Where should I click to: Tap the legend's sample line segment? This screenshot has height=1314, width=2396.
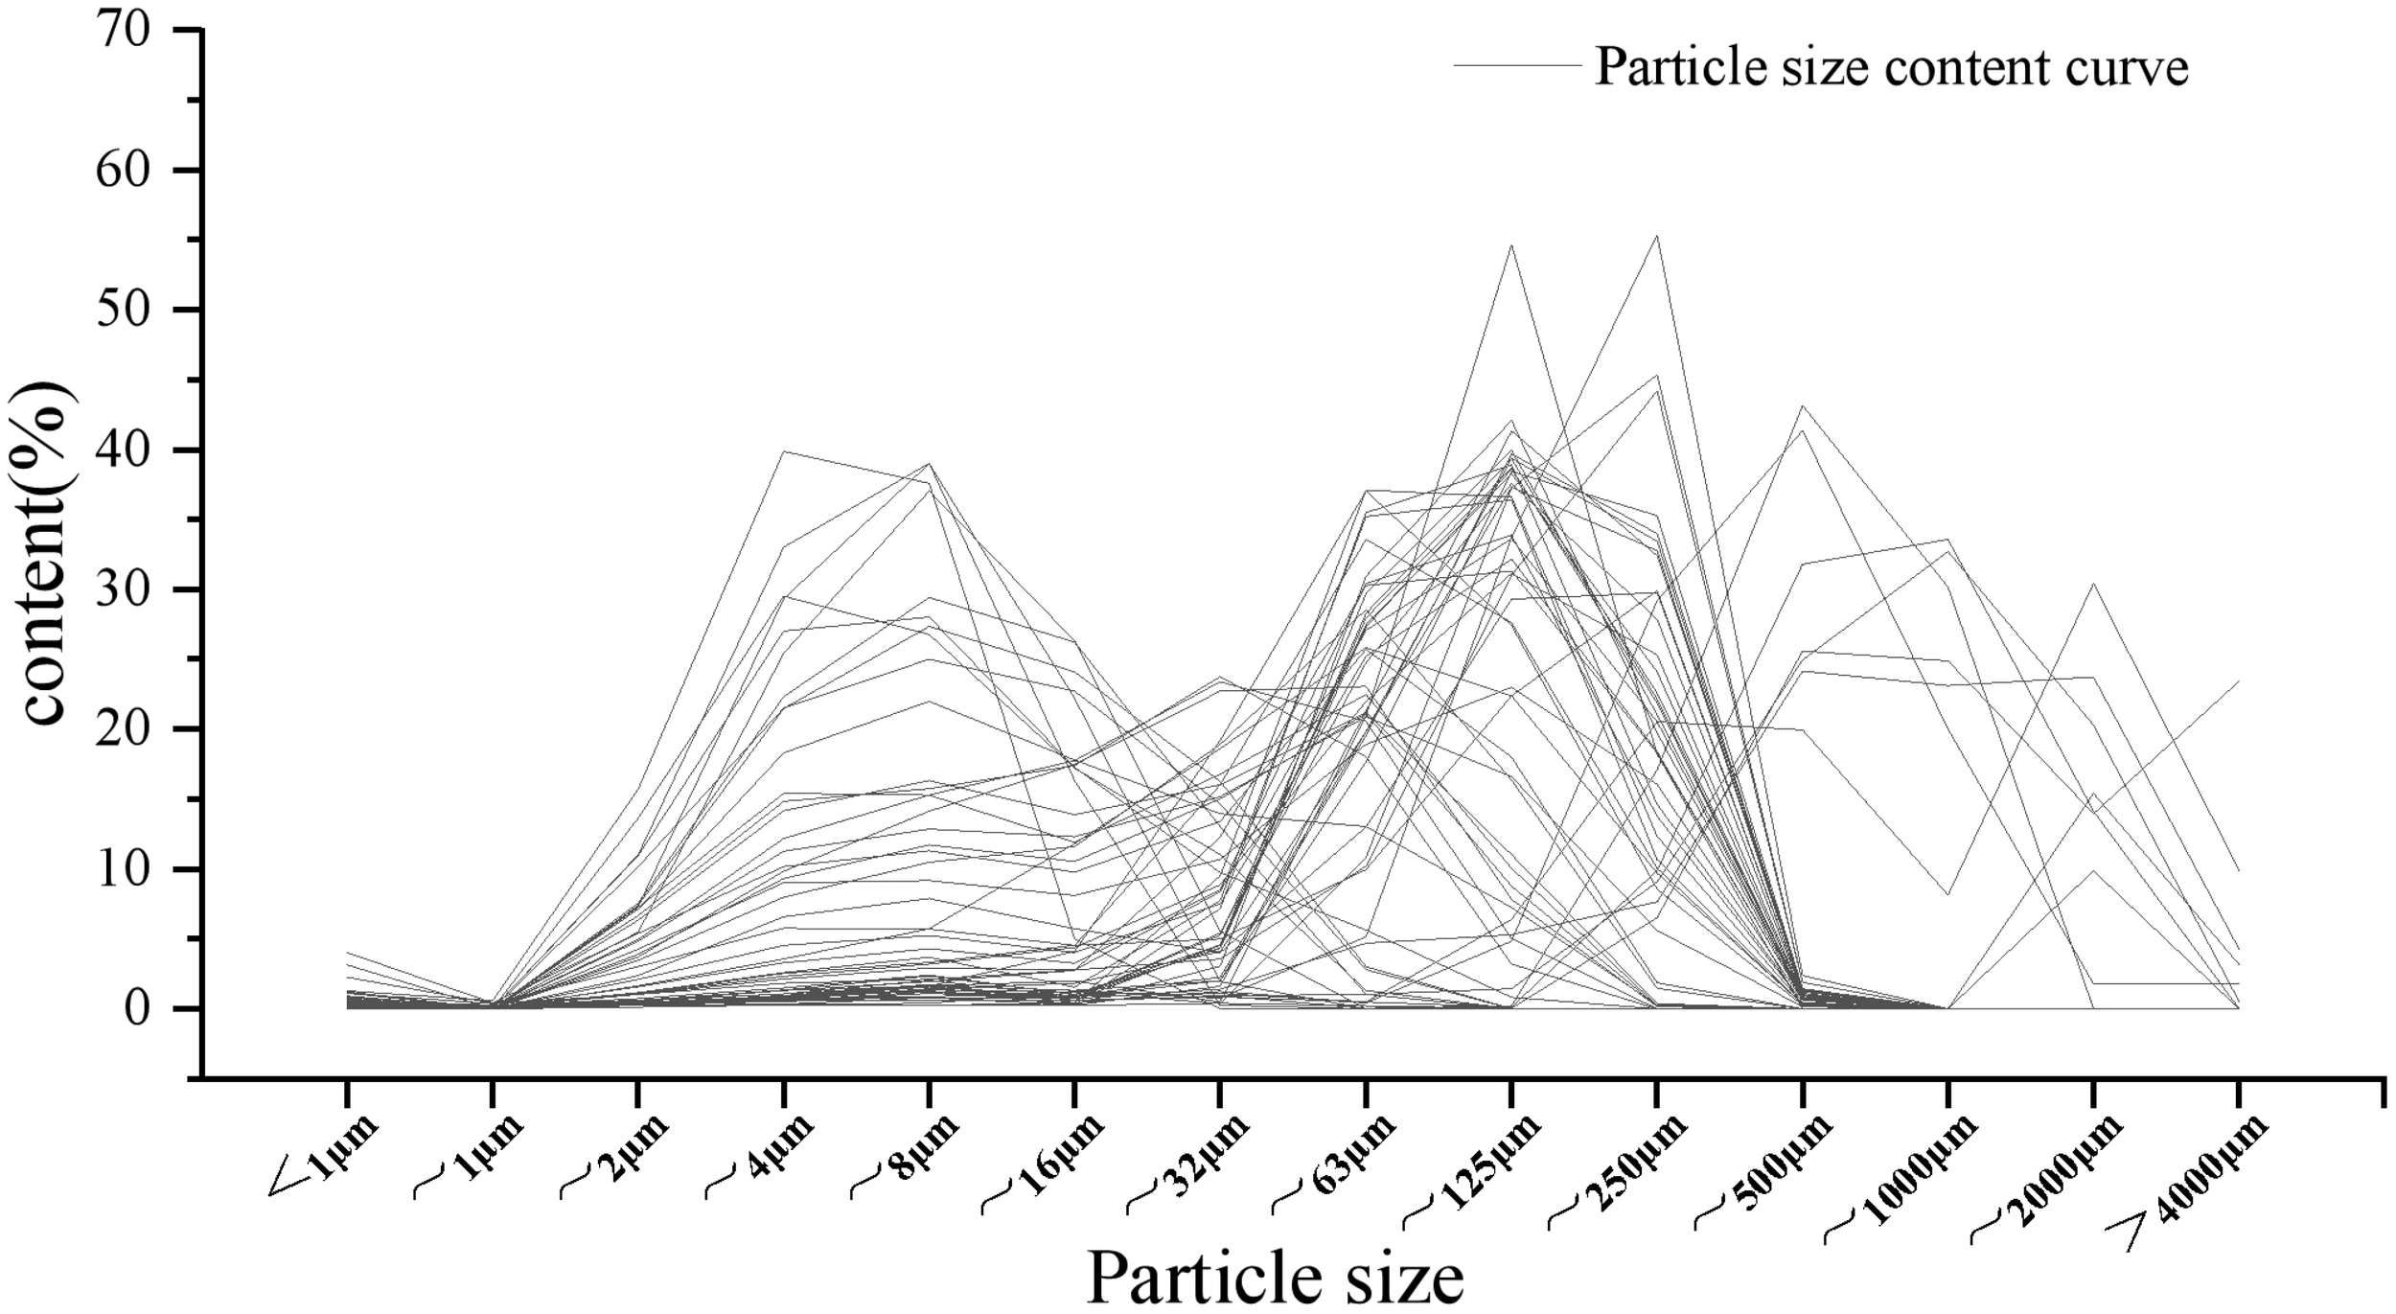click(1516, 66)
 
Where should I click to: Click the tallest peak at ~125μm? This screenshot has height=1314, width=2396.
click(1511, 244)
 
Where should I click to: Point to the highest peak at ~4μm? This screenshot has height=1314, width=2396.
click(785, 450)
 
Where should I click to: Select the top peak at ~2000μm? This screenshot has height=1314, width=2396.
click(2093, 583)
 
